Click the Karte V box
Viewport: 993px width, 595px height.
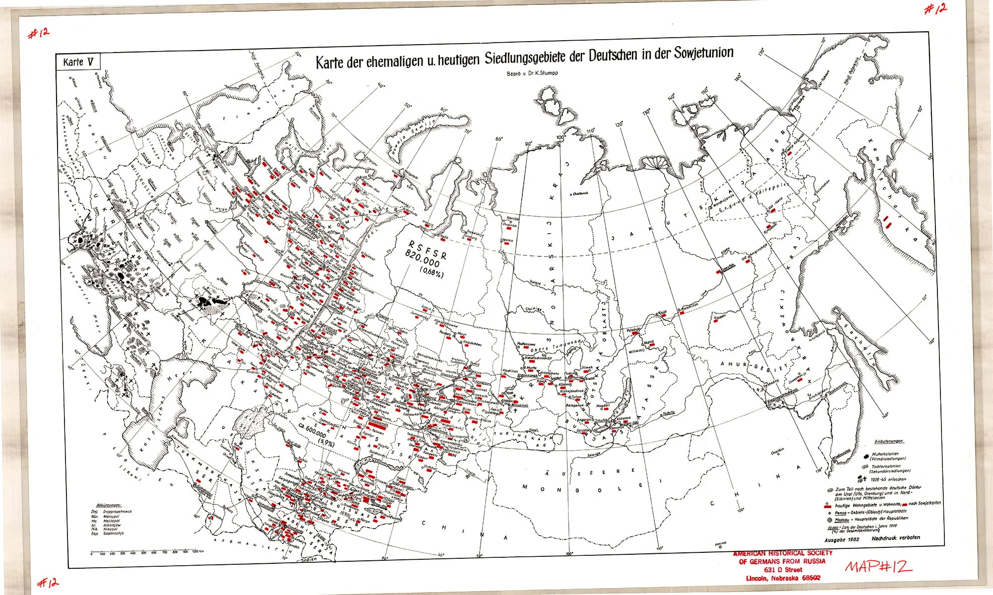click(78, 62)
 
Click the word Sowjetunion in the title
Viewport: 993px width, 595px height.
click(703, 53)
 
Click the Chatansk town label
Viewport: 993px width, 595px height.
click(580, 193)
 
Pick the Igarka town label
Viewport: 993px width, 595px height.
click(507, 240)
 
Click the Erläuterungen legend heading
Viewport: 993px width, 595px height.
click(889, 441)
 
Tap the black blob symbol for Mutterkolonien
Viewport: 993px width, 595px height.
click(866, 455)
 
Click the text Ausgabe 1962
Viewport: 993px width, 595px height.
click(842, 539)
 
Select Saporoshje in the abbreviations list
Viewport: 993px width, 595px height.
click(113, 534)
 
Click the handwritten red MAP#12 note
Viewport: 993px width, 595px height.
click(878, 566)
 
